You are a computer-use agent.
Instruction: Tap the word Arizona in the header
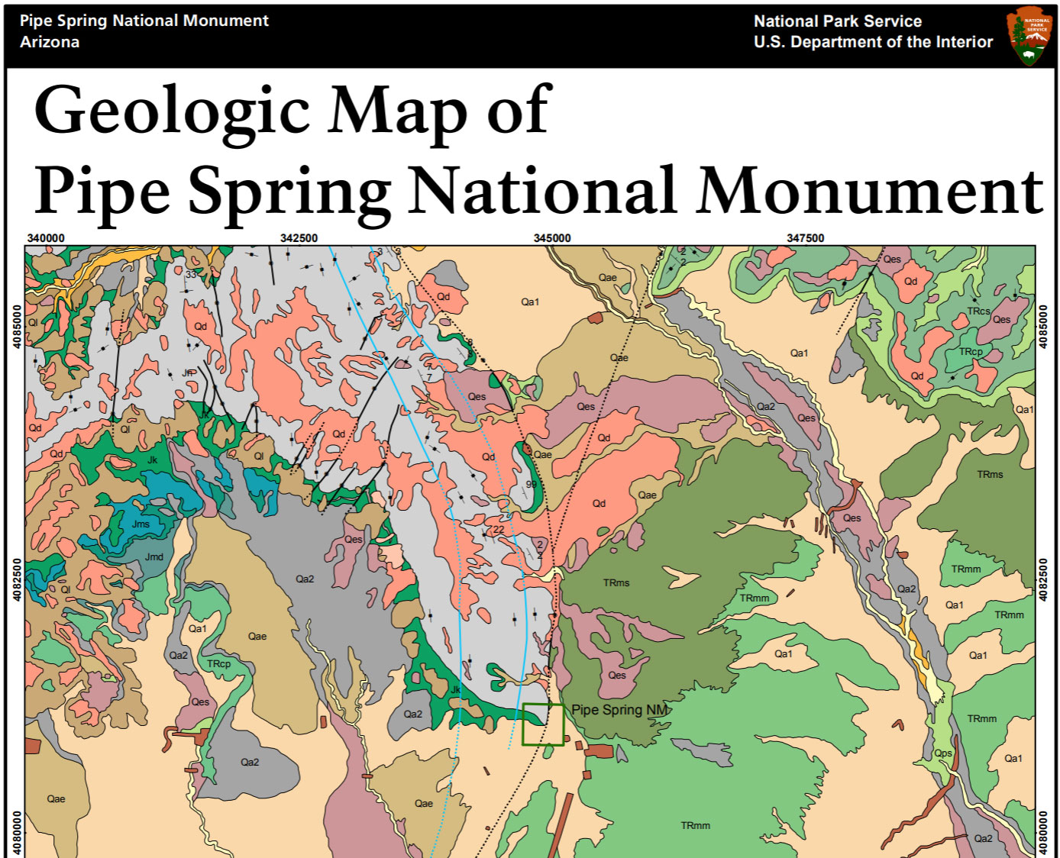(x=50, y=42)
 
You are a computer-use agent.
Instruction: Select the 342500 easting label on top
(x=299, y=238)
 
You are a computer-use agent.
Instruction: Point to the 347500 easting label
(x=805, y=238)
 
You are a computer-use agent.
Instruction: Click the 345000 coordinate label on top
(x=551, y=238)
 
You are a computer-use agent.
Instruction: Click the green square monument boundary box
(x=542, y=724)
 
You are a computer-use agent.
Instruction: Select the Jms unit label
(x=141, y=524)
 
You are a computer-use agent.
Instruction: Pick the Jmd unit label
(x=154, y=557)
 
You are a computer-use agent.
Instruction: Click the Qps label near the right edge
(x=943, y=753)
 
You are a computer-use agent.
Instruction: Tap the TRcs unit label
(x=978, y=311)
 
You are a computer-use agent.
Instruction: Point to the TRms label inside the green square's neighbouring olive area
(x=616, y=583)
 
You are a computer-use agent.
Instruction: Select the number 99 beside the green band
(x=531, y=485)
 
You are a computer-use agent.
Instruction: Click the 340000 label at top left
(x=46, y=238)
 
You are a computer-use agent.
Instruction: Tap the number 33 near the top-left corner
(x=191, y=275)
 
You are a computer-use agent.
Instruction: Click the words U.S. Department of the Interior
(x=873, y=43)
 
